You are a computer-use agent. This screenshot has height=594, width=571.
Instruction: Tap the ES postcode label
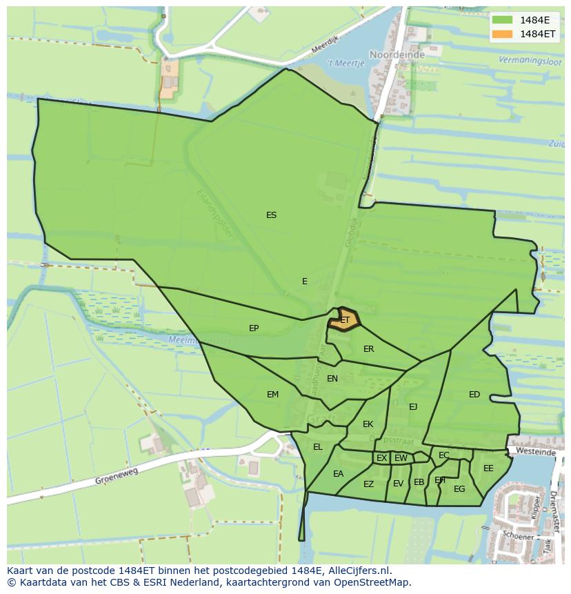point(271,215)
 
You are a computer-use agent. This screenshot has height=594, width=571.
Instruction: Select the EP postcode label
point(254,328)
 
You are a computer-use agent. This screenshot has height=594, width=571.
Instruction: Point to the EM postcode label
point(272,395)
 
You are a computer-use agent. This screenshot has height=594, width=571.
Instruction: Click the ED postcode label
point(474,395)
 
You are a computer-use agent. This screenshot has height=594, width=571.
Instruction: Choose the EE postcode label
point(488,468)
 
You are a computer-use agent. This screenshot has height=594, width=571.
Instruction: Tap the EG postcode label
point(459,489)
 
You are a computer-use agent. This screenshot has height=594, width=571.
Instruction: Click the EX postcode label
point(381,458)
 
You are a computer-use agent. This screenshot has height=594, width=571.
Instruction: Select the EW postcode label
point(401,458)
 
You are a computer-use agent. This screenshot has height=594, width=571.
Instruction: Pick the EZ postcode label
point(368,484)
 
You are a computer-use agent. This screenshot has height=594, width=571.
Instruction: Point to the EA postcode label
point(338,474)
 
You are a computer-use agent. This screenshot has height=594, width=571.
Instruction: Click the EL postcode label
point(317,447)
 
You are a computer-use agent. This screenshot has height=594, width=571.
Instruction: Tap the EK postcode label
point(368,424)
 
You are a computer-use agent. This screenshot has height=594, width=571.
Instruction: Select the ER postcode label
point(368,349)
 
